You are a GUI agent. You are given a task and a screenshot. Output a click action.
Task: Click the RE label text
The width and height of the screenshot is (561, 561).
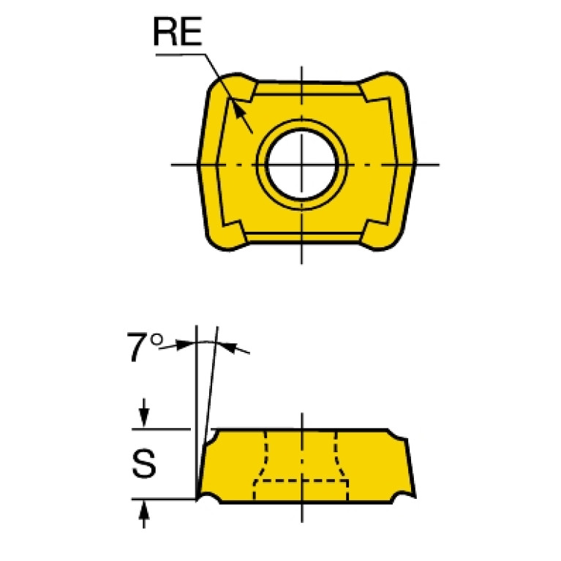point(178,32)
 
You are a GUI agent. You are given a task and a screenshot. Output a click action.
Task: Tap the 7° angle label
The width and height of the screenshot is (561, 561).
point(145,347)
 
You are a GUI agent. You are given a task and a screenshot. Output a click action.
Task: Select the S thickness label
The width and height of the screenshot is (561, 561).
point(144,464)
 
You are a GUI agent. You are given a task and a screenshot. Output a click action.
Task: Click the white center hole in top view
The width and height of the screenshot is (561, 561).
point(301,165)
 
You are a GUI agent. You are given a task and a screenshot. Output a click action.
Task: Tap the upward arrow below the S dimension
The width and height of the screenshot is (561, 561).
point(144,514)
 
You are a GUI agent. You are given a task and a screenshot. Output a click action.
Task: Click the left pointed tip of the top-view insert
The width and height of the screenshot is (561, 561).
point(198,165)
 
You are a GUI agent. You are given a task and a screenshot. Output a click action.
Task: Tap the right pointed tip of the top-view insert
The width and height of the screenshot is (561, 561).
point(415,162)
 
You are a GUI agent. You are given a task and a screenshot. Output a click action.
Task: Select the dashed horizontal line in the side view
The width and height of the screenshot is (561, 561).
point(301,481)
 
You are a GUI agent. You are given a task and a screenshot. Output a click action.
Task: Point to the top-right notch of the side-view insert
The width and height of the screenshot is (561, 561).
point(397,434)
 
